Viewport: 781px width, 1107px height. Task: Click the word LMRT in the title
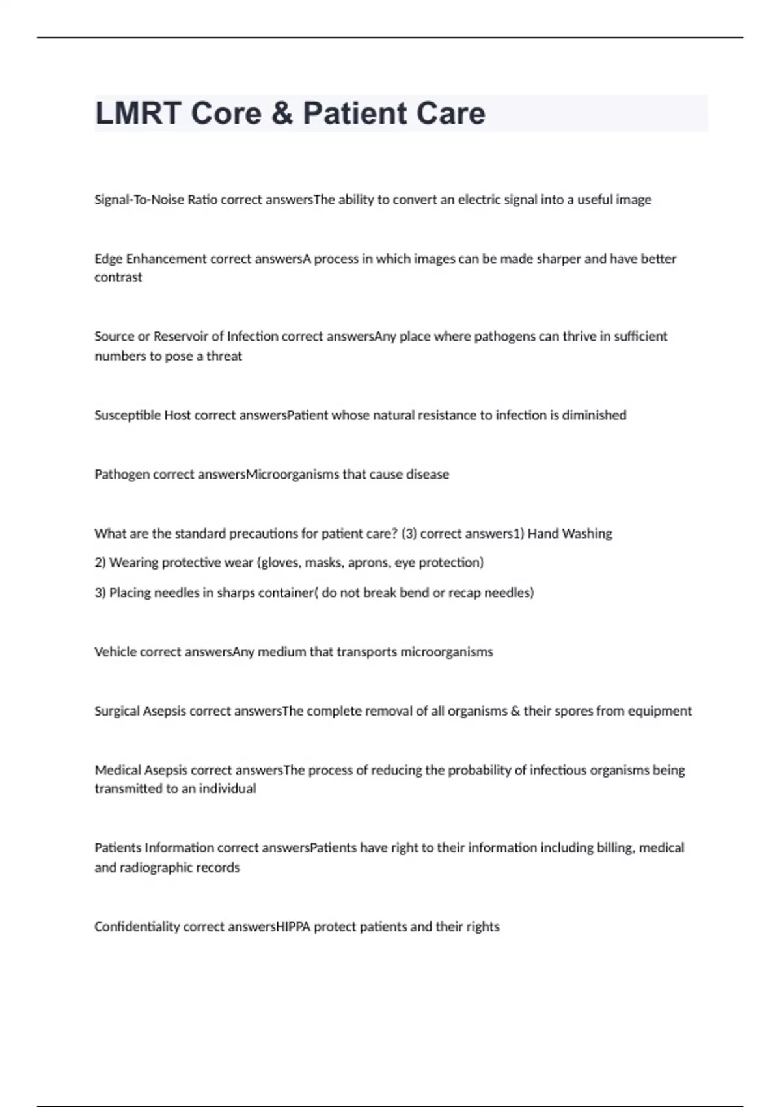click(137, 113)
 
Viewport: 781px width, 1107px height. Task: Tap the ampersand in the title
click(282, 113)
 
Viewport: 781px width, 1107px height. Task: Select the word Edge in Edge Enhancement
click(108, 259)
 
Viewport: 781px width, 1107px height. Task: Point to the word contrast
click(118, 277)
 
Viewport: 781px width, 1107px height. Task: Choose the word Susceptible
click(128, 415)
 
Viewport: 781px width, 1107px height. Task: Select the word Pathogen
click(122, 475)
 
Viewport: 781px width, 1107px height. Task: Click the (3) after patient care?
click(409, 534)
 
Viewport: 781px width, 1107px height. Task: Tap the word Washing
click(587, 534)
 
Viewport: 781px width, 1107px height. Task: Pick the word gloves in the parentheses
click(281, 563)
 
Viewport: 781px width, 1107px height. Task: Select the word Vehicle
click(115, 652)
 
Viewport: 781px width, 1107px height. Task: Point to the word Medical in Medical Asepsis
click(118, 770)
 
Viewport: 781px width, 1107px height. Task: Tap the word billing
click(616, 848)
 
